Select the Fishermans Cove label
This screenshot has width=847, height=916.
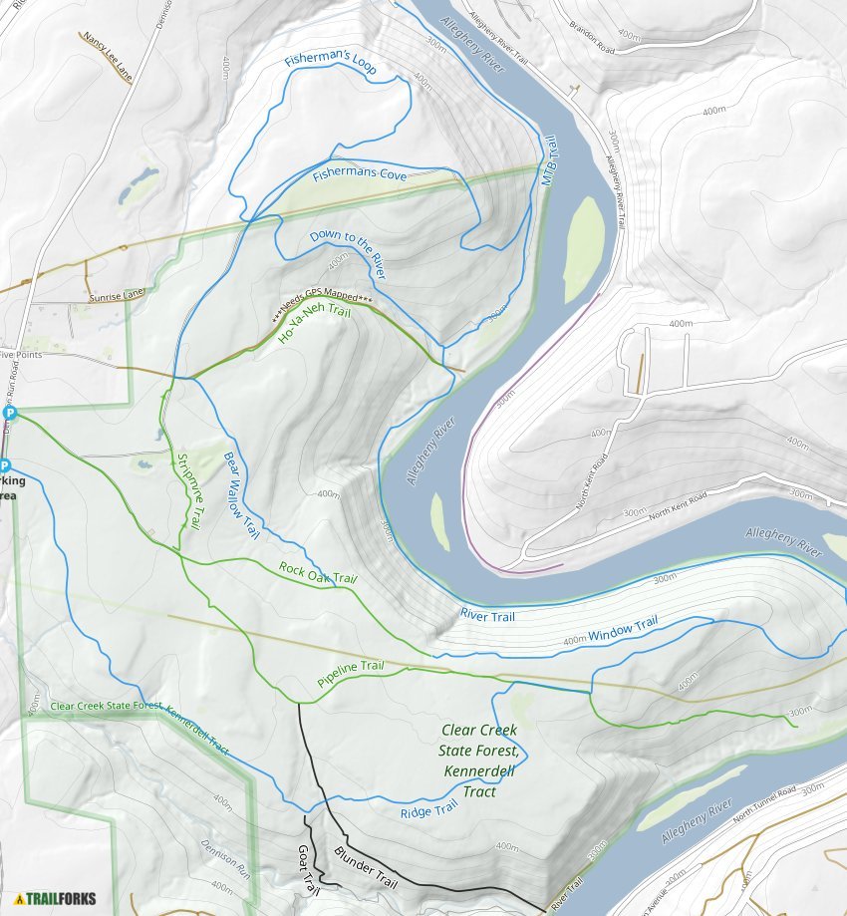(361, 175)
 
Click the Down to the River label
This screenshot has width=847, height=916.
(347, 254)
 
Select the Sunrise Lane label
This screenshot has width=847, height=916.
(116, 296)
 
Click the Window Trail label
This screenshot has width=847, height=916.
(623, 630)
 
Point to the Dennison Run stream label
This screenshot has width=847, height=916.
(227, 857)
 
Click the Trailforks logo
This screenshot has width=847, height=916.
(55, 898)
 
